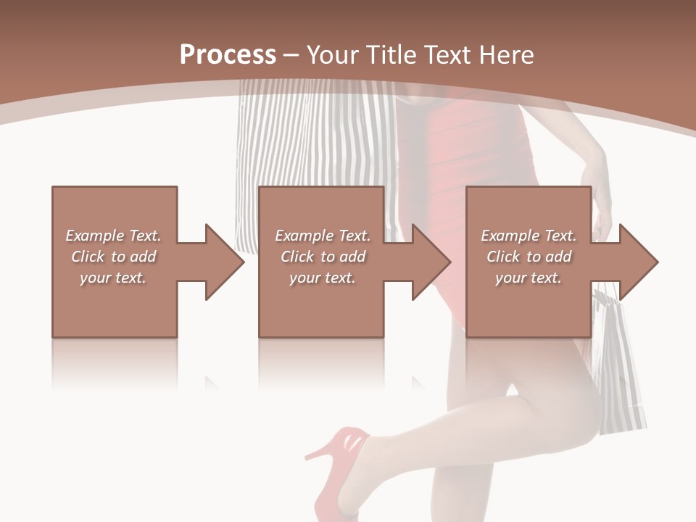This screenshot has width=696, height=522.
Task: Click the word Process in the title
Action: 228,55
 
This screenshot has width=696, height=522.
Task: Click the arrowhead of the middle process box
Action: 430,262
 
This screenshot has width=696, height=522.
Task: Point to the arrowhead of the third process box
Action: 637,262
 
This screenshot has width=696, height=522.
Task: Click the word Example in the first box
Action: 95,236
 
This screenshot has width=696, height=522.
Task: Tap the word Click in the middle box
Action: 297,257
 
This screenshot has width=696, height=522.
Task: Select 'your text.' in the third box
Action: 528,278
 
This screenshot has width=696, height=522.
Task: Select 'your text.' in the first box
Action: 113,278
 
